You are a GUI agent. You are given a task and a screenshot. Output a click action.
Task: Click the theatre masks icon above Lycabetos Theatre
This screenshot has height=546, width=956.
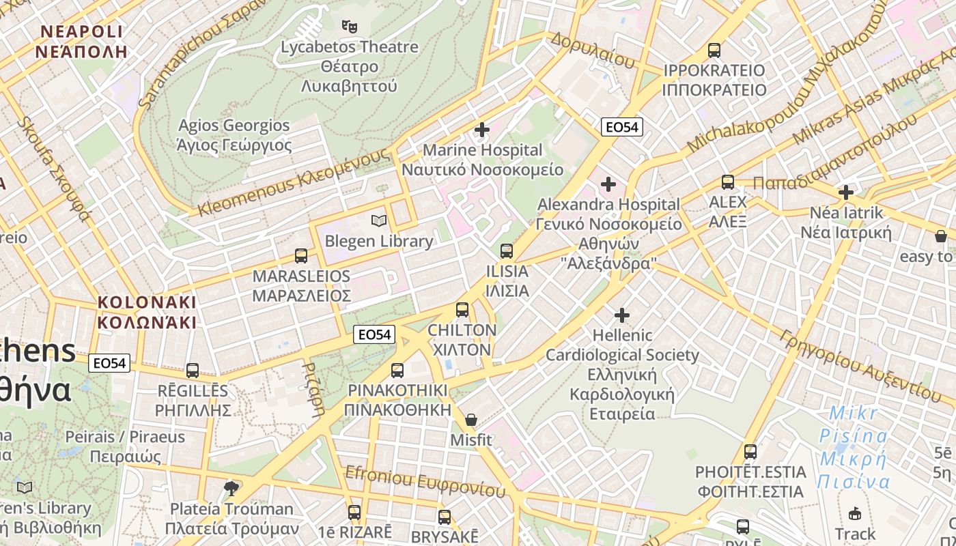[x=350, y=27]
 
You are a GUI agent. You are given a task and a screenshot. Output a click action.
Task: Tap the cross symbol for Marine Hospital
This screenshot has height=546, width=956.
[x=482, y=130]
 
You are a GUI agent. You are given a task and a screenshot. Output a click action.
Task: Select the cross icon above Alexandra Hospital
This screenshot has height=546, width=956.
[x=608, y=184]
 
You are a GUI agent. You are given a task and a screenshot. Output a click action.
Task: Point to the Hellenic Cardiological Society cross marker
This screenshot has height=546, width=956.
[x=622, y=315]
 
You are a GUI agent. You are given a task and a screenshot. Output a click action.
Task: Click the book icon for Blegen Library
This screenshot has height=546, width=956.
[x=378, y=220]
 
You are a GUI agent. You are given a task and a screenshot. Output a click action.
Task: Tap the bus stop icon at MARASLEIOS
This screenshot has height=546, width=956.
[x=301, y=256]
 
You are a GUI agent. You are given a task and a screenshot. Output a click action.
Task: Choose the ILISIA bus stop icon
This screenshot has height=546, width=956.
[x=506, y=251]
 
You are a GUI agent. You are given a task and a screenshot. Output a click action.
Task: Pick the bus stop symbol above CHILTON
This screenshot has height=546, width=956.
[x=462, y=310]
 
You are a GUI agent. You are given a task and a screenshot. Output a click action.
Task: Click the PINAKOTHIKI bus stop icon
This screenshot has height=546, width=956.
[x=397, y=371]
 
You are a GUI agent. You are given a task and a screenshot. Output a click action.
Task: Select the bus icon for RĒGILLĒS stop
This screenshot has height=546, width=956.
[x=193, y=371]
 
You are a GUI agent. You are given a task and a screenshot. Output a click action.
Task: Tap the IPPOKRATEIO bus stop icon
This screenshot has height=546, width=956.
[x=714, y=51]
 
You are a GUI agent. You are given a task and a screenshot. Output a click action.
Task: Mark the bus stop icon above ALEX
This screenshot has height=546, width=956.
[x=728, y=182]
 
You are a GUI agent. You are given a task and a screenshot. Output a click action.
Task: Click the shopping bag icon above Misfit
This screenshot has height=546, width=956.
[x=470, y=420]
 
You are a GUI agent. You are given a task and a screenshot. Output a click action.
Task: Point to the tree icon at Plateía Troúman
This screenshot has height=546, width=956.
[x=231, y=488]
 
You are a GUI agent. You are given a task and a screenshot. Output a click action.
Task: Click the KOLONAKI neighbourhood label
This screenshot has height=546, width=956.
[x=147, y=312]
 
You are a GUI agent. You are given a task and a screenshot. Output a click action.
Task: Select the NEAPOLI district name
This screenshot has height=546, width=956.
[x=81, y=41]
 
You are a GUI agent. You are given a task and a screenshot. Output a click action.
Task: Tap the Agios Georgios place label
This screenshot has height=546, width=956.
[x=234, y=135]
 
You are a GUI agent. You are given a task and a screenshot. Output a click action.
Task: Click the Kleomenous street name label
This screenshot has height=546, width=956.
[x=294, y=183]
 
